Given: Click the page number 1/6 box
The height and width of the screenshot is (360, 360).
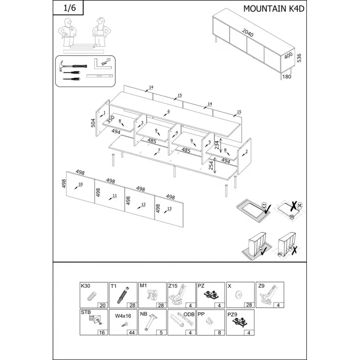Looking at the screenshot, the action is [68, 8].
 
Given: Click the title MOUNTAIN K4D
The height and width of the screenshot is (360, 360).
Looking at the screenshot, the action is [274, 9].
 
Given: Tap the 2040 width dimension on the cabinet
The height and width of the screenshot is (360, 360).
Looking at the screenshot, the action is [248, 33].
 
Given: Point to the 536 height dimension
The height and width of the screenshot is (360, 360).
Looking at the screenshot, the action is [299, 58].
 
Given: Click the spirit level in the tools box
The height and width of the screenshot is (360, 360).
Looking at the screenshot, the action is [99, 76].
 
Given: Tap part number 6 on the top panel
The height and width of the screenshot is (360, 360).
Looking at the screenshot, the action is [168, 111].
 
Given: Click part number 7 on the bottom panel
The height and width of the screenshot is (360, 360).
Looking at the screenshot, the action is [159, 150].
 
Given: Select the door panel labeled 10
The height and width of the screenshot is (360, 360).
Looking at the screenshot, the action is [81, 187].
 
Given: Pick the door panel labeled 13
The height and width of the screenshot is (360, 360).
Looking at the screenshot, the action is [169, 211].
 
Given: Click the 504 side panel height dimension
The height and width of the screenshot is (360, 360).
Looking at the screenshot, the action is [93, 123].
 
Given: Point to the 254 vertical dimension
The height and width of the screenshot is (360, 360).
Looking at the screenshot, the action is [211, 165].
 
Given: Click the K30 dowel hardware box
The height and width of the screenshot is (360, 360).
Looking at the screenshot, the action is [94, 295].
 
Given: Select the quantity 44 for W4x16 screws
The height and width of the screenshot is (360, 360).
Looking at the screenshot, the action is [132, 333].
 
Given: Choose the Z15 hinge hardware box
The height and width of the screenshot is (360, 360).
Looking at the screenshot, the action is [182, 295].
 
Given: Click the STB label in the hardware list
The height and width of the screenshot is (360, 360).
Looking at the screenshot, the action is [85, 312].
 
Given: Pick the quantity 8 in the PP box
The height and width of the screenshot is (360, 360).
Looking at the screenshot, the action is [220, 333].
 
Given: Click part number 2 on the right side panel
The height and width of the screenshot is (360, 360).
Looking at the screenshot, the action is [246, 151].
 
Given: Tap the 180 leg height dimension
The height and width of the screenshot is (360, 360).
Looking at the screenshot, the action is [287, 76].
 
